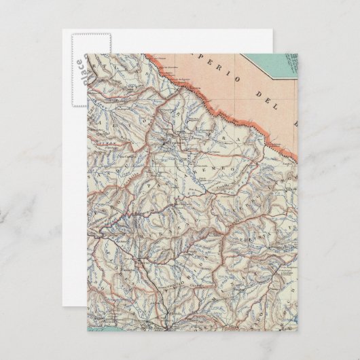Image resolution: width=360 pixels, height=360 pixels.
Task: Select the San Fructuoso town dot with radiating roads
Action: (167, 143)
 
